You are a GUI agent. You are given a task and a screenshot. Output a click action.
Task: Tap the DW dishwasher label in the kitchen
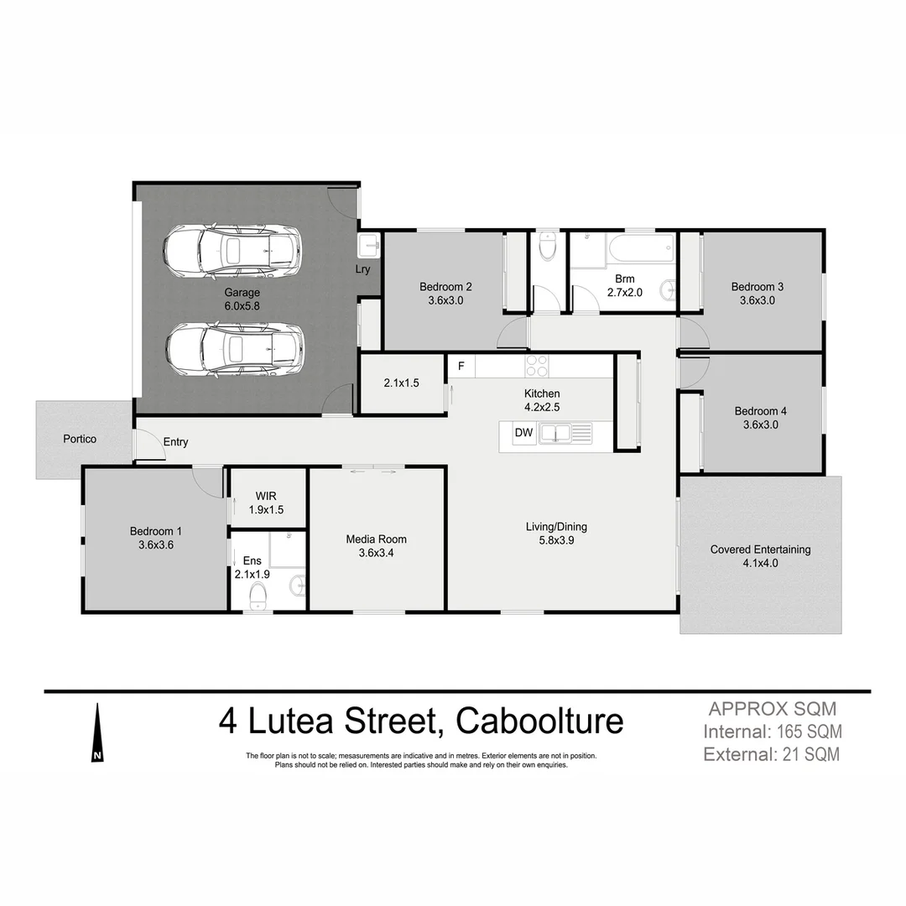tap(523, 434)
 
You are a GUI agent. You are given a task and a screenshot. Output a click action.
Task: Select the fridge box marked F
tap(461, 366)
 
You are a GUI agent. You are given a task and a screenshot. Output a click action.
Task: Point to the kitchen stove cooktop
tap(536, 366)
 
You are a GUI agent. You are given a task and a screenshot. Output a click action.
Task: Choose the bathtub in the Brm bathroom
tap(642, 248)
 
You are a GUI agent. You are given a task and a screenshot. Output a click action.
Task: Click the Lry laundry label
tap(362, 269)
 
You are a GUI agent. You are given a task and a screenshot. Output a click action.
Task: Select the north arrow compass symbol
tap(98, 734)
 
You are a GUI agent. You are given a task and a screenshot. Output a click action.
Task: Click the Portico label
tap(80, 439)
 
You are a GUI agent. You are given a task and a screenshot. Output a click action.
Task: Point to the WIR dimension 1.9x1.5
tap(266, 509)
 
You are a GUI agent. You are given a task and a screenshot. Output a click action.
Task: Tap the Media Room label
tap(376, 539)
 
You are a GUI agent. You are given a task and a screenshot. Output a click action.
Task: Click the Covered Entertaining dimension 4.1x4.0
tap(760, 564)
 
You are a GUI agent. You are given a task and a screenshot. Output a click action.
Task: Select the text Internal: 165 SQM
tap(773, 731)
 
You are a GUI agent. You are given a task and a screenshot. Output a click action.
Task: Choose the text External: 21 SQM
tap(771, 754)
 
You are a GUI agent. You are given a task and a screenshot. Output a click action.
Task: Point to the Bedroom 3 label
tap(757, 286)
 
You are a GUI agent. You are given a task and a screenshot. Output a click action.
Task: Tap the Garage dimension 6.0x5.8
tap(242, 306)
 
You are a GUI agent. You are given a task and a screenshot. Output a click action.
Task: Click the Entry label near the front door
tap(175, 442)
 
